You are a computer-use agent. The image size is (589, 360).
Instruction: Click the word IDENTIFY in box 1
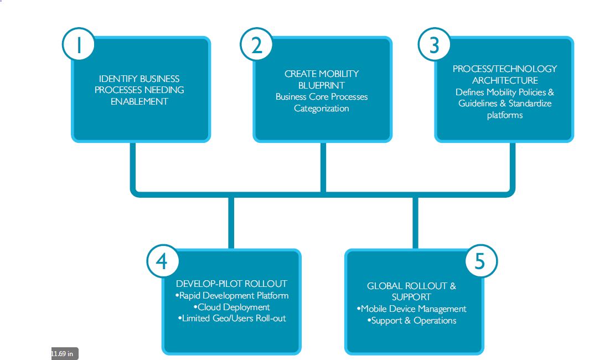[118, 79]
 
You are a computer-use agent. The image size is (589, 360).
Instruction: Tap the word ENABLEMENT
[139, 102]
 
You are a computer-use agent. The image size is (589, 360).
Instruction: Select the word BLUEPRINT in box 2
[322, 85]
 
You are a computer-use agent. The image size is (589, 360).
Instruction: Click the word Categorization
[322, 109]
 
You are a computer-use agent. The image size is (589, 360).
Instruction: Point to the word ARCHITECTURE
[505, 80]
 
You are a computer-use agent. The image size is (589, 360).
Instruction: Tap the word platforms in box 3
[505, 115]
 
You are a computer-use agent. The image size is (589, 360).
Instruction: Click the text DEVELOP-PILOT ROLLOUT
[231, 284]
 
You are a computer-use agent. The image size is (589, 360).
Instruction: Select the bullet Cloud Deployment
[231, 307]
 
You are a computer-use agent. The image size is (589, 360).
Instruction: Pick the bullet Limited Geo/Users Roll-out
[231, 318]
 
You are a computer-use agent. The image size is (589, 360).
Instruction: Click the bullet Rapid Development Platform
[231, 296]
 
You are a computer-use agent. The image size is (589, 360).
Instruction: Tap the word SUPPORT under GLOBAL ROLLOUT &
[411, 297]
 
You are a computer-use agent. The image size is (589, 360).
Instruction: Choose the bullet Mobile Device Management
[411, 309]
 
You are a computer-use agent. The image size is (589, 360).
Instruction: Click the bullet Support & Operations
[411, 321]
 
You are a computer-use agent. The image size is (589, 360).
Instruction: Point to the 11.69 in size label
[63, 353]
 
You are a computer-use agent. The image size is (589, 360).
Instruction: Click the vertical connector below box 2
[323, 166]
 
